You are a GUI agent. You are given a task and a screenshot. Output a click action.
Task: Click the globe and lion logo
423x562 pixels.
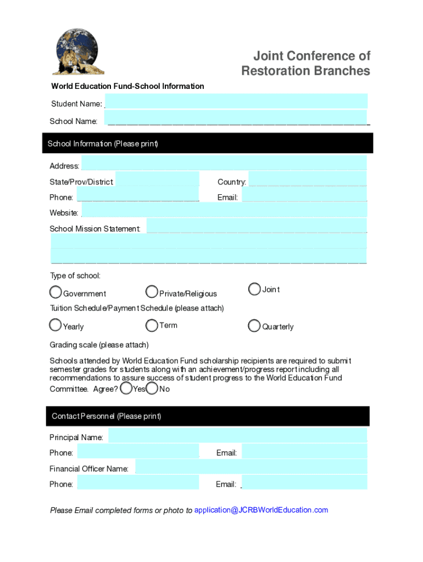pyautogui.click(x=78, y=52)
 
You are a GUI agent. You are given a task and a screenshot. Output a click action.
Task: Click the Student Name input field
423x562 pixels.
pyautogui.click(x=236, y=102)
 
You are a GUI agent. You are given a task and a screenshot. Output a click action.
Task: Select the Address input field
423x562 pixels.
pyautogui.click(x=224, y=164)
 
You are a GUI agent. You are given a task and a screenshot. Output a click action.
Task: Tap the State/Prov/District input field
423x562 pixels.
pyautogui.click(x=157, y=180)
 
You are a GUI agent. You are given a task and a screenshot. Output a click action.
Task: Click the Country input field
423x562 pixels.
pyautogui.click(x=308, y=180)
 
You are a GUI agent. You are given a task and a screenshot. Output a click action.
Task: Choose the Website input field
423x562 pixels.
pyautogui.click(x=224, y=211)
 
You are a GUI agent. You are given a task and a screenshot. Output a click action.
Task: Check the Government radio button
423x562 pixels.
pyautogui.click(x=55, y=291)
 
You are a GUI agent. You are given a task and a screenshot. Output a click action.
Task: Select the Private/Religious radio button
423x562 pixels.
pyautogui.click(x=152, y=291)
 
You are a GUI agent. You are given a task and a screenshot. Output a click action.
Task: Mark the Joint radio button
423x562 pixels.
pyautogui.click(x=254, y=289)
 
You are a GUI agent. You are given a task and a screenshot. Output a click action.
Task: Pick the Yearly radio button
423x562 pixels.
pyautogui.click(x=55, y=325)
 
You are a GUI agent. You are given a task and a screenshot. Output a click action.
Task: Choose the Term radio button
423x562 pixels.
pyautogui.click(x=152, y=325)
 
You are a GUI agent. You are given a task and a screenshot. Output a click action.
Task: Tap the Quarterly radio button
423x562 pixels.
pyautogui.click(x=254, y=326)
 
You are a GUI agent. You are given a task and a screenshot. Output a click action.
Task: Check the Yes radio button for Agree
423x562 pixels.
pyautogui.click(x=126, y=389)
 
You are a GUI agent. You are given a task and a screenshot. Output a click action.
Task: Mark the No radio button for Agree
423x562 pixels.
pyautogui.click(x=152, y=389)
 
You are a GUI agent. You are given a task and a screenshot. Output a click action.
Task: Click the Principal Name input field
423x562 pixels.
pyautogui.click(x=237, y=436)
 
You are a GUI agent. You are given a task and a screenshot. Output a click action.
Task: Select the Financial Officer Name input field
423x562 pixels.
pyautogui.click(x=251, y=467)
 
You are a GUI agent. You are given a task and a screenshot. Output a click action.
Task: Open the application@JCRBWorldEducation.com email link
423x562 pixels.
pyautogui.click(x=261, y=510)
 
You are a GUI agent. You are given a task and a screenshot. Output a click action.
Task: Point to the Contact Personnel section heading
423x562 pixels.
pyautogui.click(x=107, y=416)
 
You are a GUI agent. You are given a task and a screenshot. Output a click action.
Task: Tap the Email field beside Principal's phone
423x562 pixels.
pyautogui.click(x=304, y=452)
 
